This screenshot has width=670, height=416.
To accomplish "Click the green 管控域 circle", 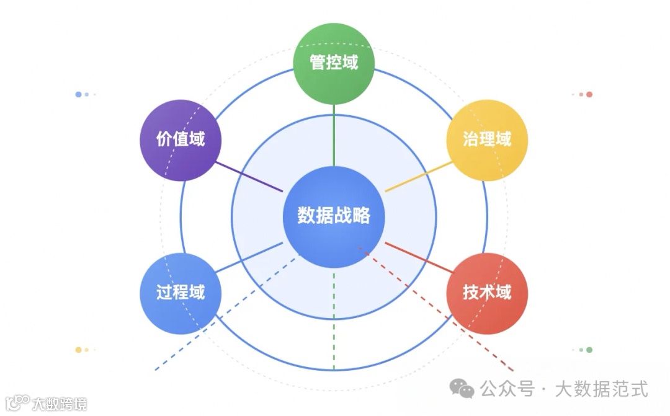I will pos(334,63).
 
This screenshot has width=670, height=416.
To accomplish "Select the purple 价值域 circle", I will pos(180,140).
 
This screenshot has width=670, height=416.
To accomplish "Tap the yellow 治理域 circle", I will pos(487,140).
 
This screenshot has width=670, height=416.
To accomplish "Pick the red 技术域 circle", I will pos(487,293).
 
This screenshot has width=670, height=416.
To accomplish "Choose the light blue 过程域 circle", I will pos(180,293).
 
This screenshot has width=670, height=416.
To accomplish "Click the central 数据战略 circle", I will pos(334,216).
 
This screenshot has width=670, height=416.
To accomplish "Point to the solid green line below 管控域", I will pos(334,133).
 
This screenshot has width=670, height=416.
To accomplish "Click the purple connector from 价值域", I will pos(248,176).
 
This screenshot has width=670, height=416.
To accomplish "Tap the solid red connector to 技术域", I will pos(419,257).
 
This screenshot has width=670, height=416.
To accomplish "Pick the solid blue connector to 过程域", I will pos(248,257).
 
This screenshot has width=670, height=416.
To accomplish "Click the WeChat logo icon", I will pos(462,389).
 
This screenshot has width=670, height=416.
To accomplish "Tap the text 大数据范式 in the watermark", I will pos(601,389).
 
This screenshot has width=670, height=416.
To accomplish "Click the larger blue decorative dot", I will pos(78,94).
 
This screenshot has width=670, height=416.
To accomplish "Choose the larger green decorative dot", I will pos(589,350).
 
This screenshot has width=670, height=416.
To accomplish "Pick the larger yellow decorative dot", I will pos(78,350).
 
